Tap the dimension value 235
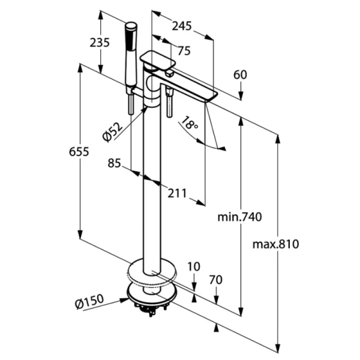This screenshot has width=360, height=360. pos(100,42)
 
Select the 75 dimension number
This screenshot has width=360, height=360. pos(184,51)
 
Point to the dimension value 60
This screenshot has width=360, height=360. pos(240,74)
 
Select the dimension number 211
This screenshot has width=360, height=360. pos(176,193)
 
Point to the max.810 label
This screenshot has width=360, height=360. pos(275,244)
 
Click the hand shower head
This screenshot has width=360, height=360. pos(130,36)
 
